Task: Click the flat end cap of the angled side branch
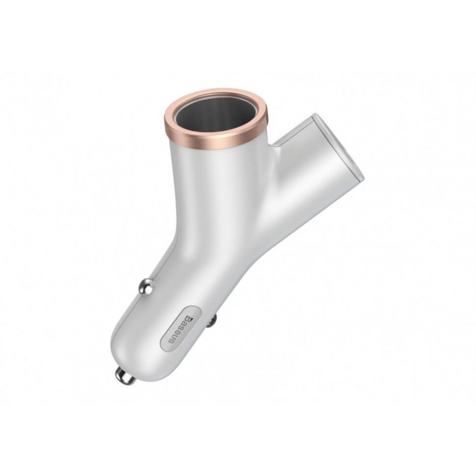339,148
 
